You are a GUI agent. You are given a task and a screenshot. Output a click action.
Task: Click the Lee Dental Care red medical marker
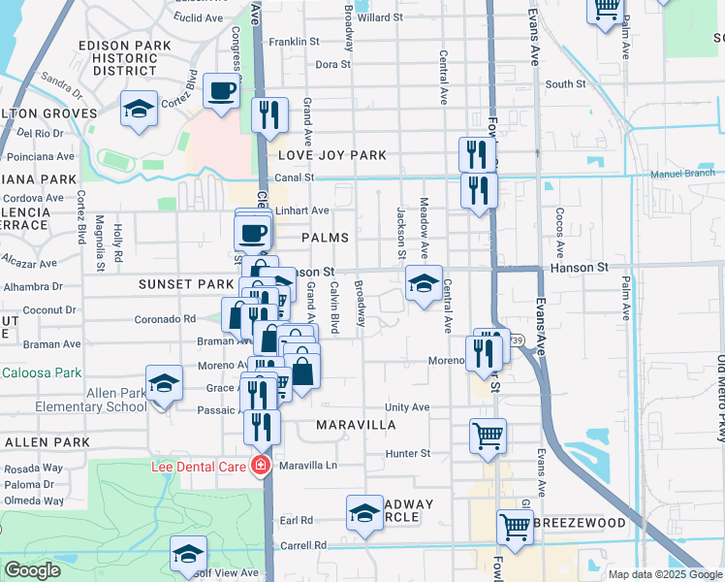point(260,467)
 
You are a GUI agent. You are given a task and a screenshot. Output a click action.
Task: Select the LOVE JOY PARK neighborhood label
point(332,155)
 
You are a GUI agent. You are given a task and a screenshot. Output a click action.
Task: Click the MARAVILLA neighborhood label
point(356,425)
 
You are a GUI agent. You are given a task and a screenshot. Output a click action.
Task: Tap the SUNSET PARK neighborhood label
point(186,284)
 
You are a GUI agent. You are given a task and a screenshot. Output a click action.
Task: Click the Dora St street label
point(332,64)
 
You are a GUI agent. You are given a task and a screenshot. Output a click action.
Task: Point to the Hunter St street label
point(407,453)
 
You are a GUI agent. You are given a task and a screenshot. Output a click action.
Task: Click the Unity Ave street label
point(407,407)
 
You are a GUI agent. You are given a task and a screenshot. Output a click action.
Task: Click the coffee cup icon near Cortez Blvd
point(221,93)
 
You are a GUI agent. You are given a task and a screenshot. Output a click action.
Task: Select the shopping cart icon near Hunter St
point(488,435)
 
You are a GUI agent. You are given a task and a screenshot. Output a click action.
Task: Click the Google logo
point(32,570)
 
